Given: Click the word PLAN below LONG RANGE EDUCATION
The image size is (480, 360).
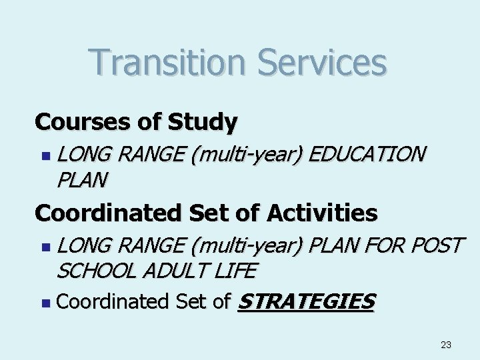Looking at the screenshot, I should (81, 179).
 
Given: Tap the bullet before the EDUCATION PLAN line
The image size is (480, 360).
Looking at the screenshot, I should (45, 155).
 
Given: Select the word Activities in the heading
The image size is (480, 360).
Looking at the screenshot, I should (322, 213).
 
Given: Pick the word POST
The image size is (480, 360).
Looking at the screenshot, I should (437, 245).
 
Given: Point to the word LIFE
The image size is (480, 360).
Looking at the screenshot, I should (235, 271).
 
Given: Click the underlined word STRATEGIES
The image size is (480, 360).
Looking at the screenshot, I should (306, 301).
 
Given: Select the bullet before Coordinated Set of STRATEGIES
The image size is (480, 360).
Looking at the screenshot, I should (45, 303).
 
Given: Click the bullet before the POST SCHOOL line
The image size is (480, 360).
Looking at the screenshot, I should (45, 247).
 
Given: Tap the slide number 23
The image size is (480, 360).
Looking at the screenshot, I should (446, 345).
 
